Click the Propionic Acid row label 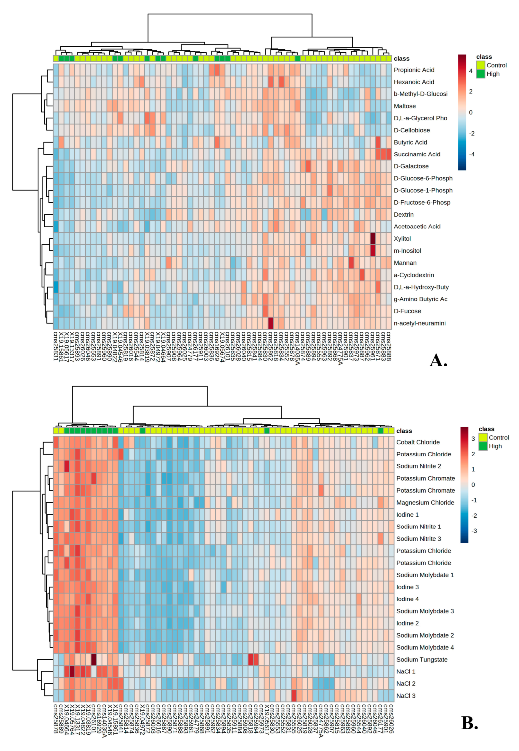pyautogui.click(x=414, y=70)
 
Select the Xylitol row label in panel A pyautogui.click(x=402, y=238)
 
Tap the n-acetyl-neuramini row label pyautogui.click(x=420, y=323)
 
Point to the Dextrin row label pyautogui.click(x=404, y=214)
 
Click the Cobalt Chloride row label pyautogui.click(x=418, y=442)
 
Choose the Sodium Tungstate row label pyautogui.click(x=422, y=660)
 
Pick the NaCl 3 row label pyautogui.click(x=406, y=696)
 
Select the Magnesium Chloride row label pyautogui.click(x=425, y=502)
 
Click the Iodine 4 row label pyautogui.click(x=407, y=599)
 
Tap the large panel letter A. pyautogui.click(x=438, y=360)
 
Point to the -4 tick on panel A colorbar pyautogui.click(x=471, y=154)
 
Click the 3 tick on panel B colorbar pyautogui.click(x=473, y=439)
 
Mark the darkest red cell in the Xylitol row pyautogui.click(x=373, y=238)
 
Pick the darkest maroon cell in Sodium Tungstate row pyautogui.click(x=94, y=660)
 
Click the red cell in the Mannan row pyautogui.click(x=351, y=263)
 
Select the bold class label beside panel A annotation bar pyautogui.click(x=401, y=59)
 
